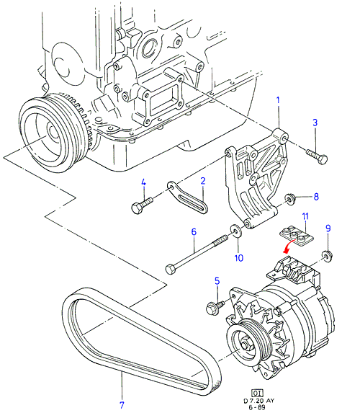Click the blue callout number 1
[278, 101]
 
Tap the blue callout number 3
[315, 123]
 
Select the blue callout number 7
[122, 404]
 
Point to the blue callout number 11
[305, 216]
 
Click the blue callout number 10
[239, 258]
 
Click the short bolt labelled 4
[142, 205]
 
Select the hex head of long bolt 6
[170, 270]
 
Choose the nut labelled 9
[328, 256]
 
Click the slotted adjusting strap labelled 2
[187, 197]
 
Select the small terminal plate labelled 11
[296, 236]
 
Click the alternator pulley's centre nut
[246, 344]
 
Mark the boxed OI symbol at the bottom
[257, 394]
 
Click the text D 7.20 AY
[258, 401]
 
